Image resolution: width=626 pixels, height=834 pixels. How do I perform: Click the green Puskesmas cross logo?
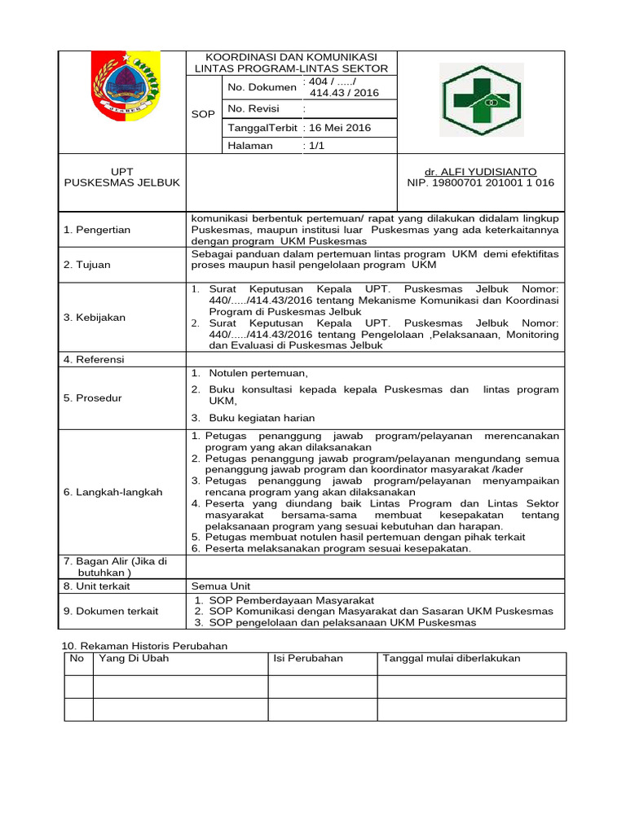480,101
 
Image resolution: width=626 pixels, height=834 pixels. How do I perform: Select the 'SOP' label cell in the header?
203,114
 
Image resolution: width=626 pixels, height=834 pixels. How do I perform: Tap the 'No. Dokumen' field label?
262,87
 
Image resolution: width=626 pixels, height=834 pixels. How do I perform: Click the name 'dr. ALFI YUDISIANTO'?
480,172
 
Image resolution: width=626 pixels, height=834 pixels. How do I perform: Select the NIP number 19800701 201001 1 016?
480,183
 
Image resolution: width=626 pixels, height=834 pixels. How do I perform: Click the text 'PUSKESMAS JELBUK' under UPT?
121,183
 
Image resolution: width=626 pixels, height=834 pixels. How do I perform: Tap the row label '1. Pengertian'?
97,230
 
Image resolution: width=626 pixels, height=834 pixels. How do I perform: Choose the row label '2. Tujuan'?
87,265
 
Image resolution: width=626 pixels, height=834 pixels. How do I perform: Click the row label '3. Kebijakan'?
95,318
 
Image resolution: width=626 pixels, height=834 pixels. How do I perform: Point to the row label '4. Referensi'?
95,359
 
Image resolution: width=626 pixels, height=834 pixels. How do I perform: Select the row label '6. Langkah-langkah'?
112,492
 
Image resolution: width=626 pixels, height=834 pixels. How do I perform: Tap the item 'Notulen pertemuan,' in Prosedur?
258,373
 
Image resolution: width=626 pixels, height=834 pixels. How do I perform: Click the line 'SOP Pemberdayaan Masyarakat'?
291,599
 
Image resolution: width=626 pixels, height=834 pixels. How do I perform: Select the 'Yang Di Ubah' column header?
133,658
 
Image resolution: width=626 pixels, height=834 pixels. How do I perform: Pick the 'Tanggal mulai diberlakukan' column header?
452,658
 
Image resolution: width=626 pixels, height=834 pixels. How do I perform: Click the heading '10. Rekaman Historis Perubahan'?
144,645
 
